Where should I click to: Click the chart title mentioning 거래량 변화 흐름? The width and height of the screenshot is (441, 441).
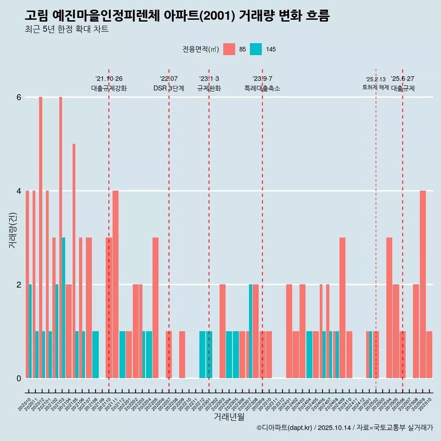(177, 16)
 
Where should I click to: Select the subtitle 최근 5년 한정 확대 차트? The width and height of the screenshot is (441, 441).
(67, 30)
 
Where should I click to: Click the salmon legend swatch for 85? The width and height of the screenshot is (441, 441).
(229, 49)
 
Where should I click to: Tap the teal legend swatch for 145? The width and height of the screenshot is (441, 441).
(256, 49)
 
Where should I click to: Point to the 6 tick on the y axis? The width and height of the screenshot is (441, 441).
(19, 97)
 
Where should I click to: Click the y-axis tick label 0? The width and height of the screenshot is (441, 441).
(19, 378)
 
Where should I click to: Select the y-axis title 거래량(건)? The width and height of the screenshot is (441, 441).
(13, 230)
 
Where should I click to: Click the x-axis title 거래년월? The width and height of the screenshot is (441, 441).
(229, 417)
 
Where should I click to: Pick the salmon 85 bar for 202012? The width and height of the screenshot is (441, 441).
(40, 237)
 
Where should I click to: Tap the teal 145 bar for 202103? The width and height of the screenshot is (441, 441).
(64, 308)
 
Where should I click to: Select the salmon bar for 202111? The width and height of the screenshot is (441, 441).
(115, 284)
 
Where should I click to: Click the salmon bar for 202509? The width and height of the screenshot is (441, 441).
(423, 284)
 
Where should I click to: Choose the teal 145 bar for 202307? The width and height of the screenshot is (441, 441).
(250, 331)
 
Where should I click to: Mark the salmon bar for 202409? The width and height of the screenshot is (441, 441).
(342, 308)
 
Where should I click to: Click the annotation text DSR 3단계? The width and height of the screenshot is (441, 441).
(169, 89)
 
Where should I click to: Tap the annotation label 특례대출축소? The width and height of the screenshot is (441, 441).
(262, 89)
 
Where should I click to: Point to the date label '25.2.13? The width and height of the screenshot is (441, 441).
(375, 79)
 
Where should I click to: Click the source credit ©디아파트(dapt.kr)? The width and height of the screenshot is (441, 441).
(285, 428)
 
